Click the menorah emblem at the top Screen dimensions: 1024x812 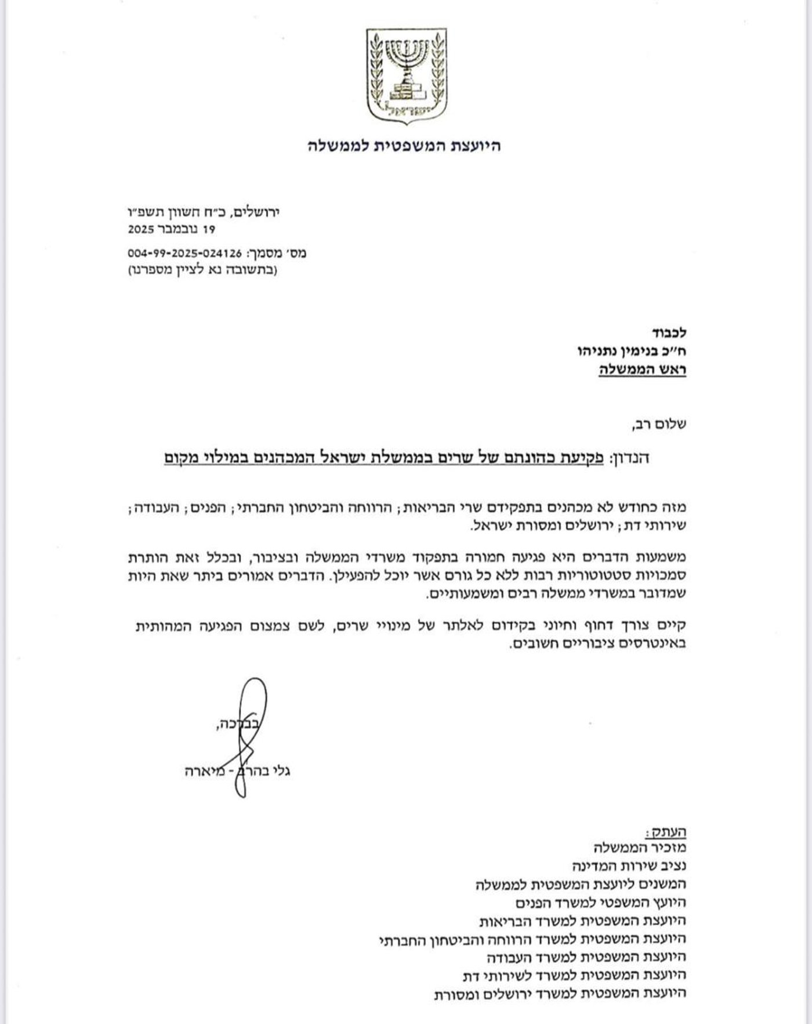point(407,75)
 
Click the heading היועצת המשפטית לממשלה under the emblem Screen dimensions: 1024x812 point(404,146)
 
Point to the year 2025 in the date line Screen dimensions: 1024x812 point(141,230)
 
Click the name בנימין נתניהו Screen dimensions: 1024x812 point(630,351)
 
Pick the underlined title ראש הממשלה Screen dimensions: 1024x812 point(643,370)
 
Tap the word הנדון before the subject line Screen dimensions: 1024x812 point(630,458)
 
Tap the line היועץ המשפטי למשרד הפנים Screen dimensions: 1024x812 point(601,903)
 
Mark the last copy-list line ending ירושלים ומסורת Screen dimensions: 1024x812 point(560,993)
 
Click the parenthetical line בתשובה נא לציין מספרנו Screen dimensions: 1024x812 point(202,270)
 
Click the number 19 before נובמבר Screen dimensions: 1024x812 point(208,230)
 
